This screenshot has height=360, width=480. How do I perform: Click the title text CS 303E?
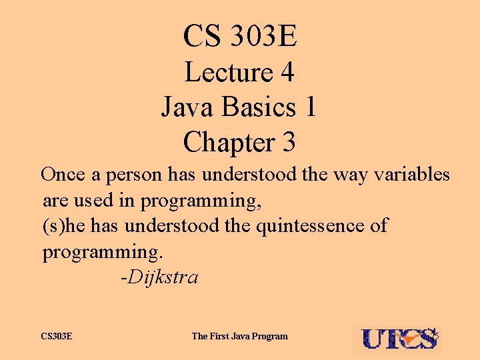click(x=240, y=36)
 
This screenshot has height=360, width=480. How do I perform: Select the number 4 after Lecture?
click(x=287, y=72)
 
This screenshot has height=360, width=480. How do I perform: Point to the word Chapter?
click(x=218, y=142)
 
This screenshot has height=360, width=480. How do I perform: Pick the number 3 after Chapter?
click(x=288, y=142)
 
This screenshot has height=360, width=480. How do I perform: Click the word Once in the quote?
click(x=63, y=175)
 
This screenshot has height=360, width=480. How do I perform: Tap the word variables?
click(x=411, y=175)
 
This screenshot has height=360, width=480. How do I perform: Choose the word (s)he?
click(x=63, y=226)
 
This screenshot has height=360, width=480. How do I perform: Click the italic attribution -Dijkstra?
click(x=159, y=277)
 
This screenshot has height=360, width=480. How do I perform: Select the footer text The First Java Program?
click(x=239, y=336)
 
